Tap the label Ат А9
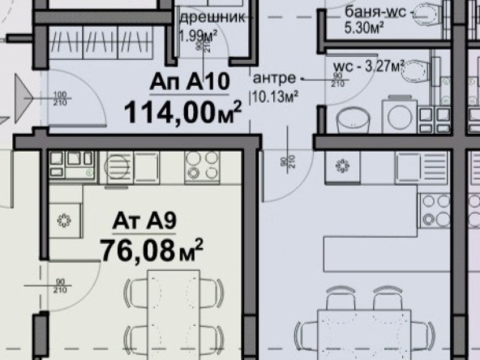click(x=138, y=219)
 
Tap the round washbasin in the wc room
click(x=353, y=119)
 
